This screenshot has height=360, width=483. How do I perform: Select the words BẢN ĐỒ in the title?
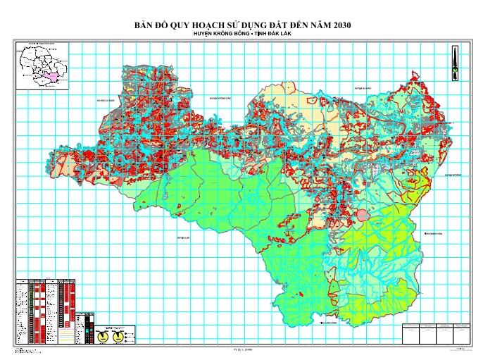coord(150,25)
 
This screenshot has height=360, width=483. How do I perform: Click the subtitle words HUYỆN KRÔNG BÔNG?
coord(218,35)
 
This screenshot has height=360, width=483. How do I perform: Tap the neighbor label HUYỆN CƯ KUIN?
coord(106,101)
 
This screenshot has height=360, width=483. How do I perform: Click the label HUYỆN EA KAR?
coord(362,89)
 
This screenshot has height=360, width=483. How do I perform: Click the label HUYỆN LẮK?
coord(184,238)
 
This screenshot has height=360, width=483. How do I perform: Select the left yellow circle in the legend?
coord(103,337)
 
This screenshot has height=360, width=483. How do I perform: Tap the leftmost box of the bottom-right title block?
coord(408,333)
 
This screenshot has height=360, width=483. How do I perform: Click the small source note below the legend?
coord(28,349)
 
